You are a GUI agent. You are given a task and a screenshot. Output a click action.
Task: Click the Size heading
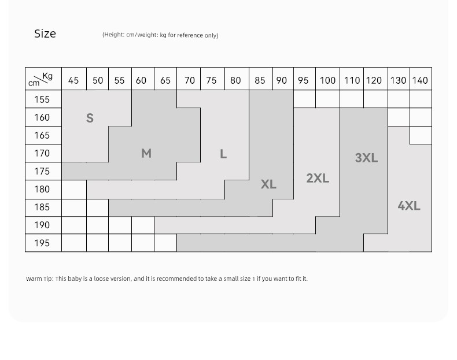tap(45, 34)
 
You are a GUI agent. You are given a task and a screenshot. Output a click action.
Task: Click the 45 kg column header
tap(73, 80)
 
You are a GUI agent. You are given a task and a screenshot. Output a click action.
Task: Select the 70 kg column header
tap(190, 80)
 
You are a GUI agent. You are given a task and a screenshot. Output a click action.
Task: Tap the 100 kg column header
tap(327, 80)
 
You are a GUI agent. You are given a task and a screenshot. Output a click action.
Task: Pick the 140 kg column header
tap(420, 80)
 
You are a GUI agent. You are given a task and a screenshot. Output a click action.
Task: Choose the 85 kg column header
tap(260, 80)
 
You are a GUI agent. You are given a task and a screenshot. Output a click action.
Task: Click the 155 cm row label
tap(42, 99)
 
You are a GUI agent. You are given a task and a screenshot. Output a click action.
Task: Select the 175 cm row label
tap(42, 171)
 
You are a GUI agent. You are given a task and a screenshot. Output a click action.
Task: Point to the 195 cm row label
tap(42, 243)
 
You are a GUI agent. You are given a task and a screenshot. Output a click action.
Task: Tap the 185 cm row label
tap(42, 207)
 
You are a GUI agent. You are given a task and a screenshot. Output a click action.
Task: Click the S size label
tap(90, 118)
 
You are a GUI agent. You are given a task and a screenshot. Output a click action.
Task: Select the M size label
tap(146, 153)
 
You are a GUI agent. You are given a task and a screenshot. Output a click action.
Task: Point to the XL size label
tap(268, 184)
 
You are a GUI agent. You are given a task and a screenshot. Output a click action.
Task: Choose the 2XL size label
tap(318, 178)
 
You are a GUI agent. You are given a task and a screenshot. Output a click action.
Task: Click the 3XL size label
tap(366, 158)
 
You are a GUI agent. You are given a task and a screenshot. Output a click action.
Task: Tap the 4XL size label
tap(409, 206)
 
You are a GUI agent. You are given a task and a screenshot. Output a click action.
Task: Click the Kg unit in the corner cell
tap(47, 76)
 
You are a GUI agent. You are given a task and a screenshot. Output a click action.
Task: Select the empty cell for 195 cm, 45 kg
tap(74, 243)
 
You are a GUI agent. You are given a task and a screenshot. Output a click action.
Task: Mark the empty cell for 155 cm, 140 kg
tap(421, 99)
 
